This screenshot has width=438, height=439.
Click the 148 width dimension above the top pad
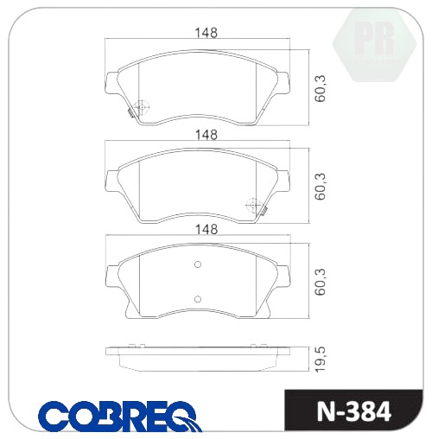[206, 33]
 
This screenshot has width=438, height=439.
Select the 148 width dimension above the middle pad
[206, 135]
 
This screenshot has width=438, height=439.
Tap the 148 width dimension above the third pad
[206, 229]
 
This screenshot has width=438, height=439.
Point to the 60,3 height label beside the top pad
[320, 88]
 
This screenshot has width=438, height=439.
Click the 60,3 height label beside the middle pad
[320, 187]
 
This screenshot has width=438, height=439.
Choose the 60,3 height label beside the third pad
[320, 282]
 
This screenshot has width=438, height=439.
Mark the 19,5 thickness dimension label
[321, 359]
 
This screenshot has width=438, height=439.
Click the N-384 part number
[354, 411]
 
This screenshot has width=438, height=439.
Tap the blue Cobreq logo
[120, 416]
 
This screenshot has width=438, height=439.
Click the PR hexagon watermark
[374, 45]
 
